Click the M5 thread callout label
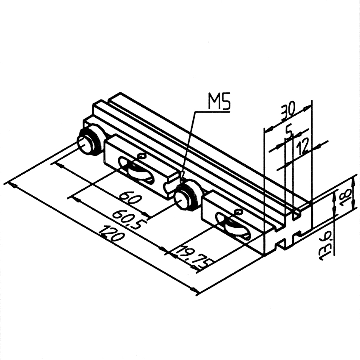pos(219,101)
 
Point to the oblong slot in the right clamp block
pos(233,227)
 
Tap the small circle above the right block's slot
pos(238,212)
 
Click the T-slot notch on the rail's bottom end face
pos(280,244)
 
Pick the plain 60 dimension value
pos(129,198)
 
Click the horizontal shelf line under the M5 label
pos(212,112)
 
